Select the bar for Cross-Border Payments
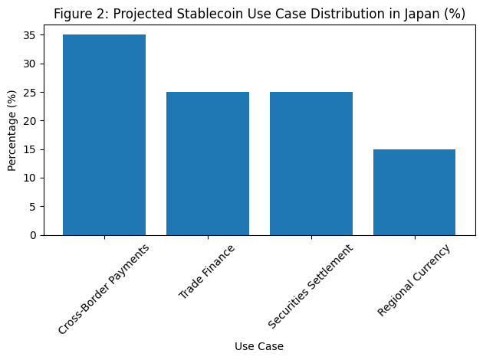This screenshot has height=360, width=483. click(x=104, y=135)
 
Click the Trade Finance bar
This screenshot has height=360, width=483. click(x=208, y=163)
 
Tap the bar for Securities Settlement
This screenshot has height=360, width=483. click(x=311, y=163)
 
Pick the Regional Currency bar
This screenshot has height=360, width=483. click(x=415, y=192)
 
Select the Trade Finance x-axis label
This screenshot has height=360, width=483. click(x=206, y=272)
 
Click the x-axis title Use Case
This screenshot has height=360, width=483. click(x=259, y=346)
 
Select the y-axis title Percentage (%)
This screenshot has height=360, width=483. click(x=11, y=130)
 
